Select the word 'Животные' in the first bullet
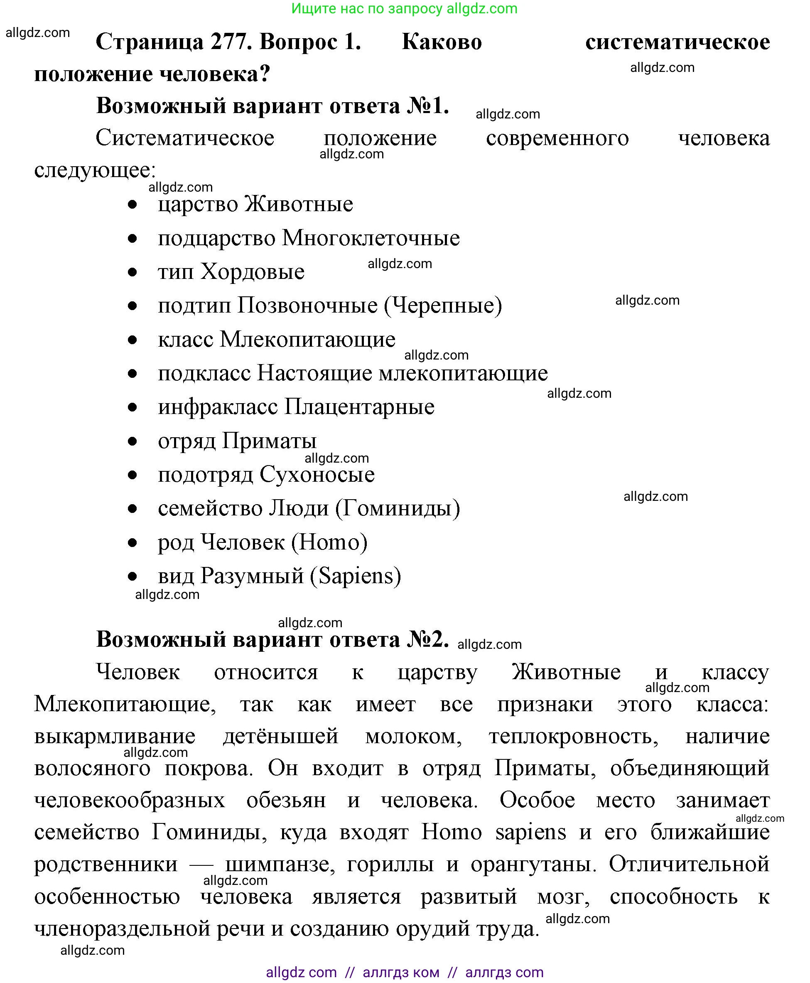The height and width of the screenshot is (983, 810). click(x=299, y=204)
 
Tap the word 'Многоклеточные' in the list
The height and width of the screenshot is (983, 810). click(x=371, y=238)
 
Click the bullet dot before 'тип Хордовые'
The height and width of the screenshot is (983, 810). click(x=133, y=272)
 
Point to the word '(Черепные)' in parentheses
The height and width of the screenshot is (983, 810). click(x=443, y=306)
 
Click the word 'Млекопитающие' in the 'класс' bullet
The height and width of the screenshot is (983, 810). click(x=307, y=339)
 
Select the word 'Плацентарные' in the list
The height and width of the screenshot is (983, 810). click(x=359, y=407)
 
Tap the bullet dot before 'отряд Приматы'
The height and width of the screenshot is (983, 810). click(x=133, y=441)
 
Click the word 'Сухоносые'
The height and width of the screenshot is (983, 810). click(x=317, y=474)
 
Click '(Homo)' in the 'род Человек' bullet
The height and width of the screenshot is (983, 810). click(x=329, y=542)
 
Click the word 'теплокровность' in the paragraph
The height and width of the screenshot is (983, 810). click(x=574, y=737)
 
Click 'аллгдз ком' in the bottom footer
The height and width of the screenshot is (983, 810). click(x=401, y=972)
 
